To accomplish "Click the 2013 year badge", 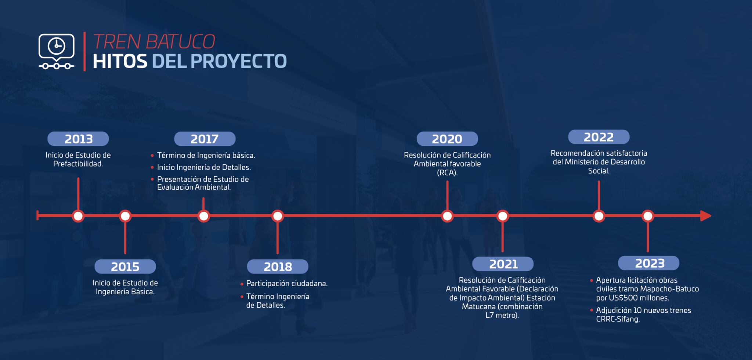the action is [x=78, y=139].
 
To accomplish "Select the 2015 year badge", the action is [x=125, y=266].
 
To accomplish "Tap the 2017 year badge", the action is [x=205, y=139].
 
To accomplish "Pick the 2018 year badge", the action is [x=278, y=266].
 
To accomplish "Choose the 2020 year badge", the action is [x=447, y=139].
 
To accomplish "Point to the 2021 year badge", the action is [x=503, y=264].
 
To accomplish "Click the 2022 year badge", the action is [x=599, y=137].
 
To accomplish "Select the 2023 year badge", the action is [x=649, y=263].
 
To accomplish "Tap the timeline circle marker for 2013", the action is [x=78, y=216].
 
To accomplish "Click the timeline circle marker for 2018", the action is [x=278, y=216].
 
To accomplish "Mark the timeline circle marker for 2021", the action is [x=503, y=216].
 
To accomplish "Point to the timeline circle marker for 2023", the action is [x=648, y=216].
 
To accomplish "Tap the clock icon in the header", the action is [x=57, y=46].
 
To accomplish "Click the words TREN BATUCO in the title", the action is [x=154, y=42].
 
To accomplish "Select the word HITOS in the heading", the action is [x=120, y=61].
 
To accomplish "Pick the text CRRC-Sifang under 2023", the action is [x=618, y=319].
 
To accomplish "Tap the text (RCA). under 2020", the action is [x=447, y=173].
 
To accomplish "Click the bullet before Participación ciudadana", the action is [x=242, y=284].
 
